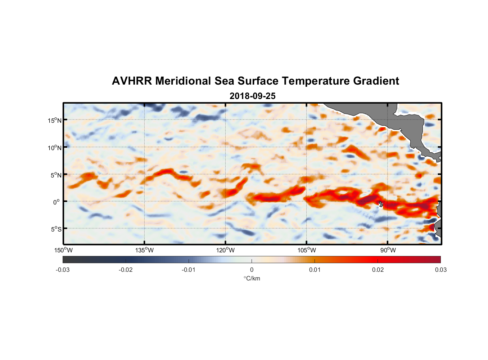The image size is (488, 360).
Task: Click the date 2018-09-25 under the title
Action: (252, 96)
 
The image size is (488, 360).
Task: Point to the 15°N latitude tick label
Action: (55, 120)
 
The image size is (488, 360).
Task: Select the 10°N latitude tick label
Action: (55, 148)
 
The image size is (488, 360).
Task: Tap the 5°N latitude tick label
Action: (55, 175)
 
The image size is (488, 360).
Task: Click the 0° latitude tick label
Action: (57, 202)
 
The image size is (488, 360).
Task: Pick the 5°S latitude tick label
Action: (55, 229)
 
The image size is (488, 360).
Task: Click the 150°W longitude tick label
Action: (64, 250)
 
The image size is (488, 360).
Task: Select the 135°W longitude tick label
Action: (145, 250)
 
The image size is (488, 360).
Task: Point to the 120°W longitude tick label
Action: (226, 250)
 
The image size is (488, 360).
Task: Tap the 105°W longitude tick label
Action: (307, 250)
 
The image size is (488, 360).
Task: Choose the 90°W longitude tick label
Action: (388, 250)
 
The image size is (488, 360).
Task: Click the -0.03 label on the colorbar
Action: (63, 270)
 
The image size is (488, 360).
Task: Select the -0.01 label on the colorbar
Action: (189, 270)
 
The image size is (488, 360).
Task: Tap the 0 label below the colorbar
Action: (252, 270)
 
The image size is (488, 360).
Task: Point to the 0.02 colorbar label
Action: (378, 270)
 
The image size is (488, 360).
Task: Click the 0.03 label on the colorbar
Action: (440, 270)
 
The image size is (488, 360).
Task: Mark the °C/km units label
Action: (252, 278)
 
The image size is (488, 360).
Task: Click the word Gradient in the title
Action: (376, 81)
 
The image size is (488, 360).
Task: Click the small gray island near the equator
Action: (381, 204)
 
